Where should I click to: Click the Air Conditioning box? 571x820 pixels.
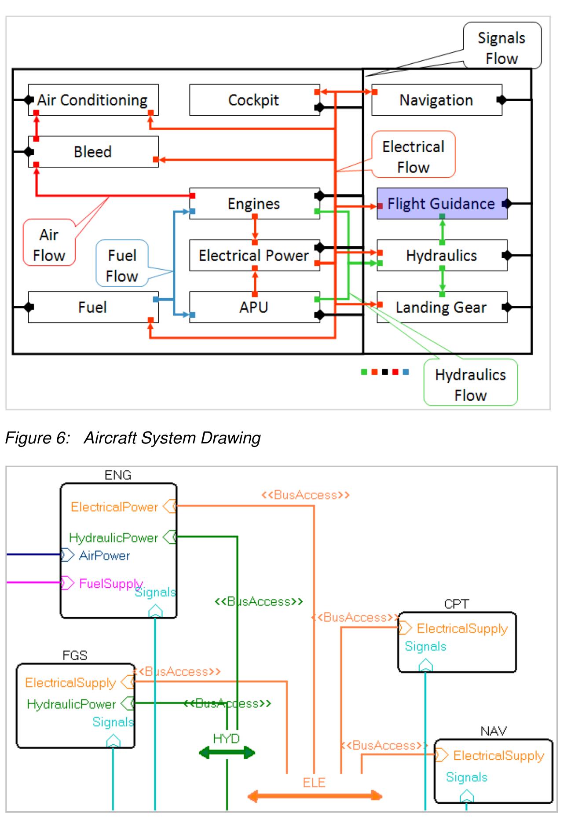(93, 100)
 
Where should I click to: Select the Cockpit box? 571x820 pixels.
(254, 100)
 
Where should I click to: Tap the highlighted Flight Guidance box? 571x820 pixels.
(441, 203)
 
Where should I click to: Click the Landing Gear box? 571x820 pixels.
(441, 307)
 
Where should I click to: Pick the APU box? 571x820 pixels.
(254, 307)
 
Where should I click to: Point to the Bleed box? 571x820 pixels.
(93, 152)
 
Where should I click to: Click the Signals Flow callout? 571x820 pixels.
(501, 48)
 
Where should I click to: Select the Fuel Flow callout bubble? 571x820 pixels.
(122, 265)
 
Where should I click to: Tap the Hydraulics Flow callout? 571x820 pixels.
(470, 384)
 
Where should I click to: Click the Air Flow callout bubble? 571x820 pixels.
(49, 245)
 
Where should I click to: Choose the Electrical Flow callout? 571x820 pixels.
(413, 157)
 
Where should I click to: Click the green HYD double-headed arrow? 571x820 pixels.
(227, 753)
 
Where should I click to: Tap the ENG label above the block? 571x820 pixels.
(118, 475)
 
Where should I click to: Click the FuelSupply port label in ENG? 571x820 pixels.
(110, 583)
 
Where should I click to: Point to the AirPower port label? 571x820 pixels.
(104, 556)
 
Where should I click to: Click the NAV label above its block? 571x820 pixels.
(493, 731)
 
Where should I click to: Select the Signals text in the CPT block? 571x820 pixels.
(425, 646)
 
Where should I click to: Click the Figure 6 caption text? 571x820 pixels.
(132, 438)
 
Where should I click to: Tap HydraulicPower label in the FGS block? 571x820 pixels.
(71, 704)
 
